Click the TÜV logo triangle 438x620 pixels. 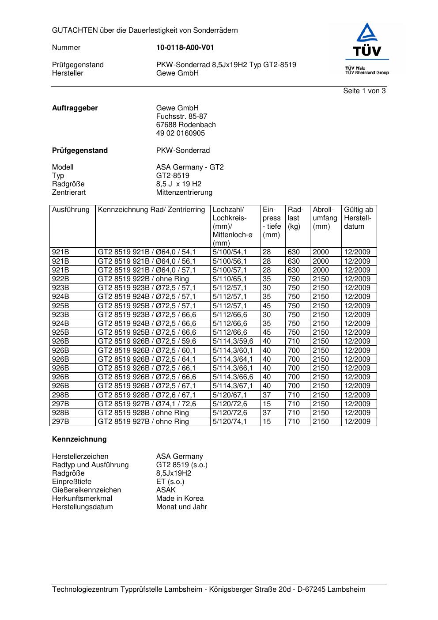point(367,33)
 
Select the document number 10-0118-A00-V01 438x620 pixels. point(185,48)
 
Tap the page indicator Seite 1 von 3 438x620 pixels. point(364,91)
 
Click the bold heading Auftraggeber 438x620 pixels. point(75,108)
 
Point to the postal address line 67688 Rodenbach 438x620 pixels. point(186,125)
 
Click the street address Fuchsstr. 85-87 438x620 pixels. point(181,117)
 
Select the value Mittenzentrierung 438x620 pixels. point(184,193)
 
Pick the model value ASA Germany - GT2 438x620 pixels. point(190,167)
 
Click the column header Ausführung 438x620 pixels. point(71,210)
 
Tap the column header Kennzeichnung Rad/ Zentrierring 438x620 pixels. point(151,210)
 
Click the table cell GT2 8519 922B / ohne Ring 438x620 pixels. point(143,279)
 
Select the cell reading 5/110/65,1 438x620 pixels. point(230,279)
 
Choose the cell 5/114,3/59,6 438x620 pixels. point(233,341)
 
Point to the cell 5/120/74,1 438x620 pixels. point(230,422)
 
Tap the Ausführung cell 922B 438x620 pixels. point(60,279)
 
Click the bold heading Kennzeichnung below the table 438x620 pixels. point(79,439)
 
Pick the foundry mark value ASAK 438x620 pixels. point(166,490)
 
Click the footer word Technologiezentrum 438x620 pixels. point(85,590)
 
